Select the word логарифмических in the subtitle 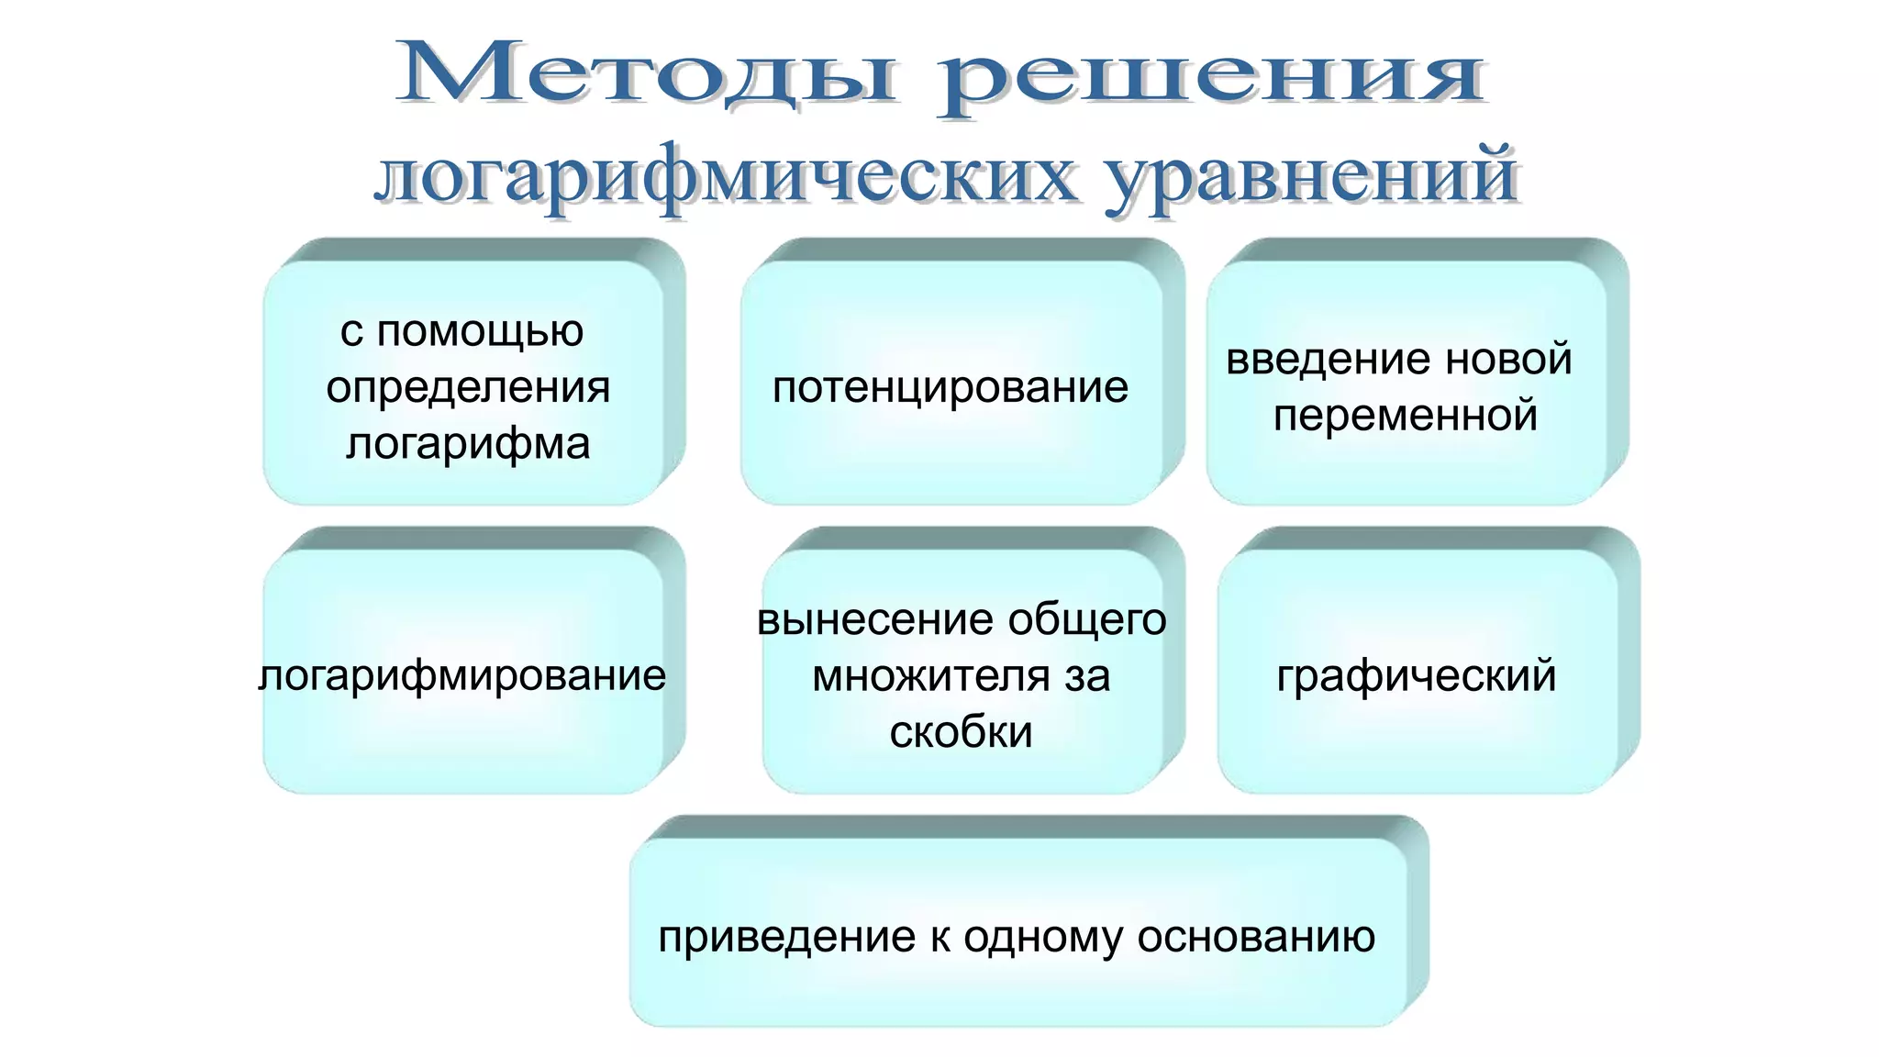725,176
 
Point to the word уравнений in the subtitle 1312,176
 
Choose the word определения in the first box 468,387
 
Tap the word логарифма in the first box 468,443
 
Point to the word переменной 1405,416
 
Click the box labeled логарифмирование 462,676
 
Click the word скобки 962,732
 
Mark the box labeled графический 1417,676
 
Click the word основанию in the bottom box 1256,938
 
